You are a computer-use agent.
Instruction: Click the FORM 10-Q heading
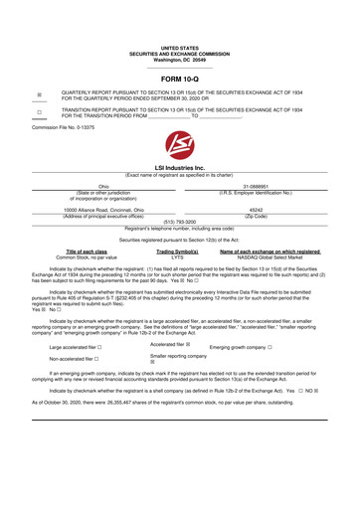(x=179, y=79)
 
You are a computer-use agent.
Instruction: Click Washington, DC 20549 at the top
(x=179, y=59)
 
